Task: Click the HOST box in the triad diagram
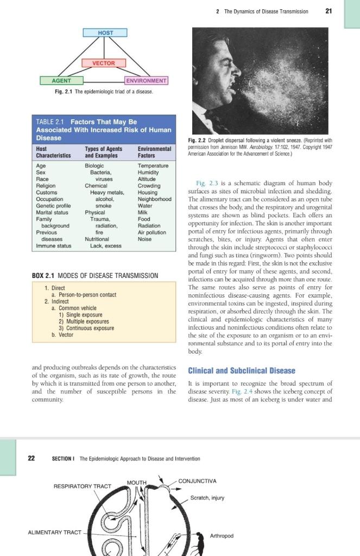[x=105, y=33]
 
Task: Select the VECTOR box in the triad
[x=103, y=63]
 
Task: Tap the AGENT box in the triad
[x=61, y=81]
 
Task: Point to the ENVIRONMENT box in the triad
[x=146, y=81]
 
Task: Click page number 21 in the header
[x=328, y=11]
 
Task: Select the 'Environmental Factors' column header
[x=154, y=151]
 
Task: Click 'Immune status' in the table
[x=53, y=246]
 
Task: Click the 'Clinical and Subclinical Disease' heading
[x=241, y=371]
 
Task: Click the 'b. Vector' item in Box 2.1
[x=62, y=335]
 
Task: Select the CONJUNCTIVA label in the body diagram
[x=197, y=481]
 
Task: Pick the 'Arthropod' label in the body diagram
[x=221, y=536]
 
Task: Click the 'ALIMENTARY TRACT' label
[x=54, y=532]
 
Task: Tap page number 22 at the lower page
[x=31, y=458]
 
